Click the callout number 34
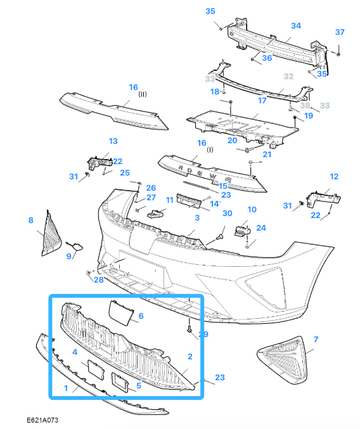[x=295, y=26]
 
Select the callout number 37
[x=340, y=32]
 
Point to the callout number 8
[x=30, y=221]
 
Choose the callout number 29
[x=203, y=334]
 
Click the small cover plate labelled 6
[x=123, y=312]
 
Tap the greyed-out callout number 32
[x=289, y=76]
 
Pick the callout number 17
[x=262, y=100]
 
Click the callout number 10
[x=252, y=209]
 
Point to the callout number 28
[x=98, y=279]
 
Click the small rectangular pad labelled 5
[x=120, y=381]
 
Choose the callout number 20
[x=233, y=140]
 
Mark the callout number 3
[x=197, y=217]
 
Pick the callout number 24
[x=260, y=227]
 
